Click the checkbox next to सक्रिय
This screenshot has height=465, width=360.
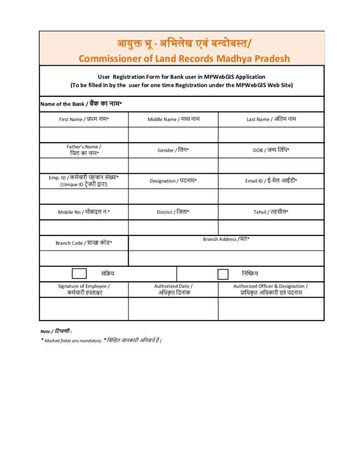79,273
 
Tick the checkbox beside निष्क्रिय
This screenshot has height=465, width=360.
223,274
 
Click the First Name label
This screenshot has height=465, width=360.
84,119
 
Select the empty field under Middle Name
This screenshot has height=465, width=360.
173,135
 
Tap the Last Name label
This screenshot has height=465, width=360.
271,119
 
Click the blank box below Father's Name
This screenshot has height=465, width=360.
84,166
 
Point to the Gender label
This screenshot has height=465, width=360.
173,150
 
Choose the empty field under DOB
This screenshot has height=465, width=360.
271,166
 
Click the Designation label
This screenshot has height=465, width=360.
173,181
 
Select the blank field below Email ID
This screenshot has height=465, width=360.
271,197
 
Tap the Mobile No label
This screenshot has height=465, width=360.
84,212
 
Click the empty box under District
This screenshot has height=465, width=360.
173,228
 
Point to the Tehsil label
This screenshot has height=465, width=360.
271,212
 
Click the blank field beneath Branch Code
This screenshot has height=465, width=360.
84,258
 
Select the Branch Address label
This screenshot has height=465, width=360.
226,239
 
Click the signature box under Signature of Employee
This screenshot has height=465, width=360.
84,309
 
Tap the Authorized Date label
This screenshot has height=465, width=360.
173,289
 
